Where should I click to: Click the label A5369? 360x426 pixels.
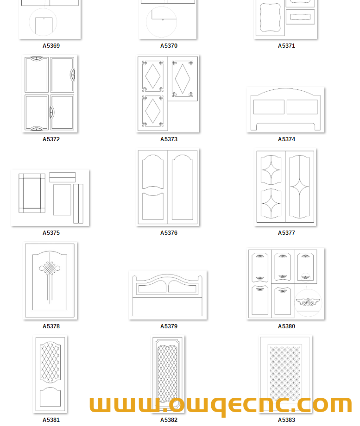tap(51, 46)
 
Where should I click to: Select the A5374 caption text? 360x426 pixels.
tap(286, 139)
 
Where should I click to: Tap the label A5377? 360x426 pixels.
tap(286, 232)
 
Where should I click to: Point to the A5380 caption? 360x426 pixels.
tap(286, 326)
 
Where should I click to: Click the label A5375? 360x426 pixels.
tap(51, 232)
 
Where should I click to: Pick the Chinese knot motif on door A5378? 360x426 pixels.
tap(50, 269)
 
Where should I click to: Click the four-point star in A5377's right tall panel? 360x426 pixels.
tap(300, 187)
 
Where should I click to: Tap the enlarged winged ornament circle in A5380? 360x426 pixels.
tap(308, 302)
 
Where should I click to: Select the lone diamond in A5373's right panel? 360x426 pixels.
tap(183, 79)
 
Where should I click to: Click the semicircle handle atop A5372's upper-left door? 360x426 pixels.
tap(37, 58)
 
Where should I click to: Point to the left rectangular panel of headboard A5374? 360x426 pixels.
tap(269, 107)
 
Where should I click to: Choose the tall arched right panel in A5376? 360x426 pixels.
tap(182, 187)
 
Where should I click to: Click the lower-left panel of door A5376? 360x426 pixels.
tap(153, 206)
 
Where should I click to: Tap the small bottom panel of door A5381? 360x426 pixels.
tap(51, 397)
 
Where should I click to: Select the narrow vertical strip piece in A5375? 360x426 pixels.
tap(78, 203)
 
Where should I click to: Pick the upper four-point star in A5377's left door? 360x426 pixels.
tap(271, 170)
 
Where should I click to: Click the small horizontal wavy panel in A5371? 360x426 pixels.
tap(300, 17)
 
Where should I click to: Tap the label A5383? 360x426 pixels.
tap(286, 420)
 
